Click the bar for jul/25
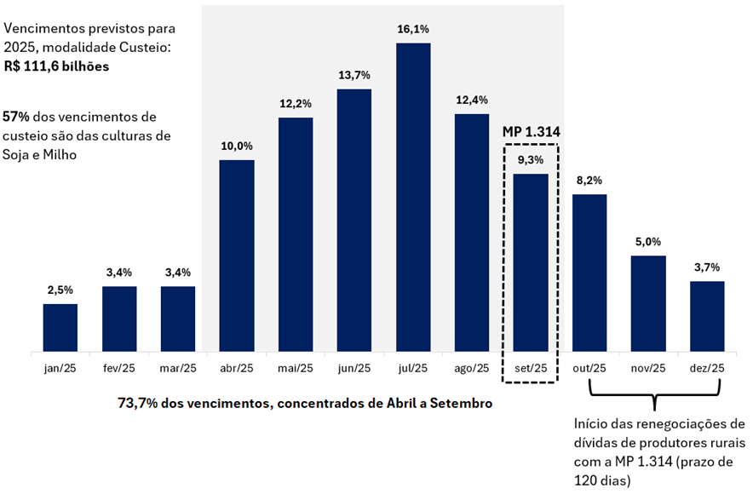[413, 197]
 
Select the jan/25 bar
[60, 328]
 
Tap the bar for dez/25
[707, 316]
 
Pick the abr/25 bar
[237, 256]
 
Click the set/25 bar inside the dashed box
[531, 262]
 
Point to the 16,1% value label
[413, 30]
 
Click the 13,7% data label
[354, 76]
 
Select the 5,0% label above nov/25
[648, 242]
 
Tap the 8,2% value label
[589, 181]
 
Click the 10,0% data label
[237, 146]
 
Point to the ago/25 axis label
[472, 368]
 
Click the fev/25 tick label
[119, 368]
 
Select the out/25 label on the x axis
[589, 368]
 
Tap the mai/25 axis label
[296, 368]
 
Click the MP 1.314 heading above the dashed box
[531, 133]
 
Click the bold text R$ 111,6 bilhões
[55, 66]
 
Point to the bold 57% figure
[17, 117]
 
